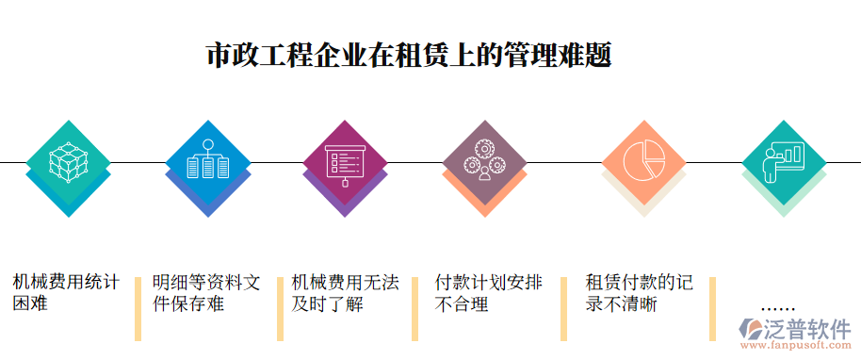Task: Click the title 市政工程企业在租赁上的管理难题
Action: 409,54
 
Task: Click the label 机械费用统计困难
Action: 66,292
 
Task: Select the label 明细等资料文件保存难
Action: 206,293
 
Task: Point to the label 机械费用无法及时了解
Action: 345,293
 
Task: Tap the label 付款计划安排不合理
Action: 488,293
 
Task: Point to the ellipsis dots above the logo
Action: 777,308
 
